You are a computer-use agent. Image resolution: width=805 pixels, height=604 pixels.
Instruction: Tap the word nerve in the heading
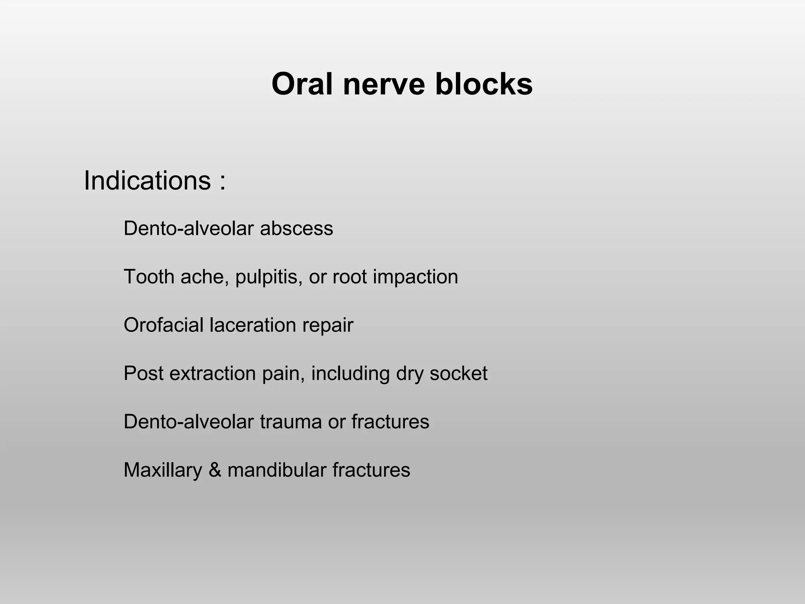(384, 84)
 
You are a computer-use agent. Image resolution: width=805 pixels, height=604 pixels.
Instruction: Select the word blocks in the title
(483, 84)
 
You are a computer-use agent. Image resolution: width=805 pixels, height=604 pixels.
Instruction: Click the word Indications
(147, 180)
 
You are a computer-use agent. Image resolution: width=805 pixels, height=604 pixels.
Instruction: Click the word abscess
(296, 228)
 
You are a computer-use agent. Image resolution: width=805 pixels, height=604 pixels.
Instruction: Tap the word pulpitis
(269, 277)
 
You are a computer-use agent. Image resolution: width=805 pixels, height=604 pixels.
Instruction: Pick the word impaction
(415, 277)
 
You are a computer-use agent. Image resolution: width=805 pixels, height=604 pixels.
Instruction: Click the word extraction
(213, 373)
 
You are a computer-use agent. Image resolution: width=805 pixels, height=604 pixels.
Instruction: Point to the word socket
(458, 373)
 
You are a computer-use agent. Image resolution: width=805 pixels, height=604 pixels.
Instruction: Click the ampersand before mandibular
(215, 470)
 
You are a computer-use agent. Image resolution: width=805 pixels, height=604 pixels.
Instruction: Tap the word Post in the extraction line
(143, 373)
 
